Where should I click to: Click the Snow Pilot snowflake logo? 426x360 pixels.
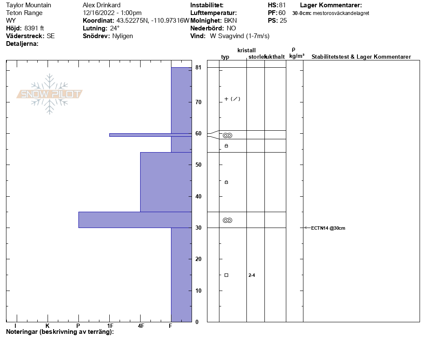49,94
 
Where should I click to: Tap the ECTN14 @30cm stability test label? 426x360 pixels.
328,228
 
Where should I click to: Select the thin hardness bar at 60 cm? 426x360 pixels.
150,135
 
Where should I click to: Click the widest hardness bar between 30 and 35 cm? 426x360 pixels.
135,220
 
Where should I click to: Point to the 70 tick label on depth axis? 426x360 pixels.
198,102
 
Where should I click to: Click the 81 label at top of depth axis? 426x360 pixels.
198,67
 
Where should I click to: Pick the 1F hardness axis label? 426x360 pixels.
110,326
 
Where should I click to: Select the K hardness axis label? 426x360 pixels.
47,326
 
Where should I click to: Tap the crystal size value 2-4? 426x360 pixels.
252,275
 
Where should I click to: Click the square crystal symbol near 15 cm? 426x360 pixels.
226,275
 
